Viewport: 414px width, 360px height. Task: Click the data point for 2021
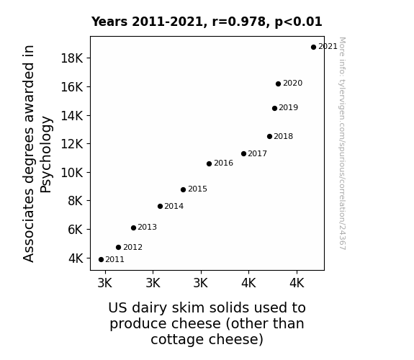pos(313,48)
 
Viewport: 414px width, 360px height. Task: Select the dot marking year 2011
pos(101,260)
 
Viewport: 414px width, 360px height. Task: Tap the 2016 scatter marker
pos(209,163)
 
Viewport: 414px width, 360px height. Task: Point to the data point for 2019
pos(274,108)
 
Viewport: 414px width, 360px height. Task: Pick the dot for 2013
pos(133,228)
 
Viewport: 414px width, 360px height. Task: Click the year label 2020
pos(292,84)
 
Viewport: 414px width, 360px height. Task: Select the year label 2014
pos(174,207)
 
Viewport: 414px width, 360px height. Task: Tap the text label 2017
pos(257,153)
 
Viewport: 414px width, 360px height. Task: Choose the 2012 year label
pos(132,247)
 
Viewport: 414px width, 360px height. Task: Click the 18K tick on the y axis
pos(72,58)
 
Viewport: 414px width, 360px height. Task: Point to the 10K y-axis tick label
pos(72,173)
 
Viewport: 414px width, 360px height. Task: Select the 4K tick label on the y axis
pos(76,258)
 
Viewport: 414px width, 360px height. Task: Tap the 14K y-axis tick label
pos(72,116)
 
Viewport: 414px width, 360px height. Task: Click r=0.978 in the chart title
pos(240,22)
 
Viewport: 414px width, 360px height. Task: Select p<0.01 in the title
pos(299,22)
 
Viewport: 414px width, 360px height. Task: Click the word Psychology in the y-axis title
pos(46,155)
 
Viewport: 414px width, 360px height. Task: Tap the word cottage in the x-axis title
pos(177,339)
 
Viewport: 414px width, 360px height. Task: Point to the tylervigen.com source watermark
pos(342,143)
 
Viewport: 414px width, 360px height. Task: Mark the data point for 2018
pos(269,137)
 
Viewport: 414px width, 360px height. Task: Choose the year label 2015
pos(197,189)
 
